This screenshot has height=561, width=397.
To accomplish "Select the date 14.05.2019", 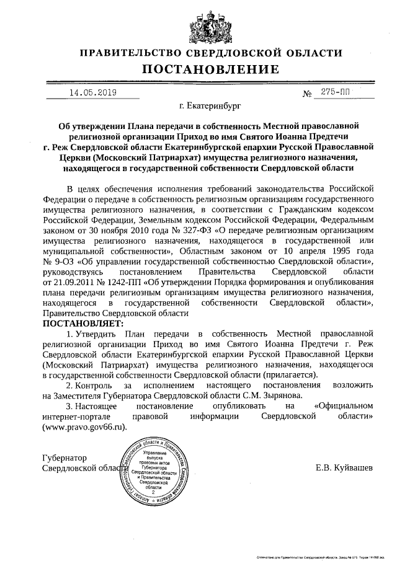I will click(x=92, y=93).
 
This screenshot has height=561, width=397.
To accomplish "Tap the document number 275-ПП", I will click(x=335, y=92).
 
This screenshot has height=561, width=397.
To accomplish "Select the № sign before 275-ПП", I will click(x=307, y=94).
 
